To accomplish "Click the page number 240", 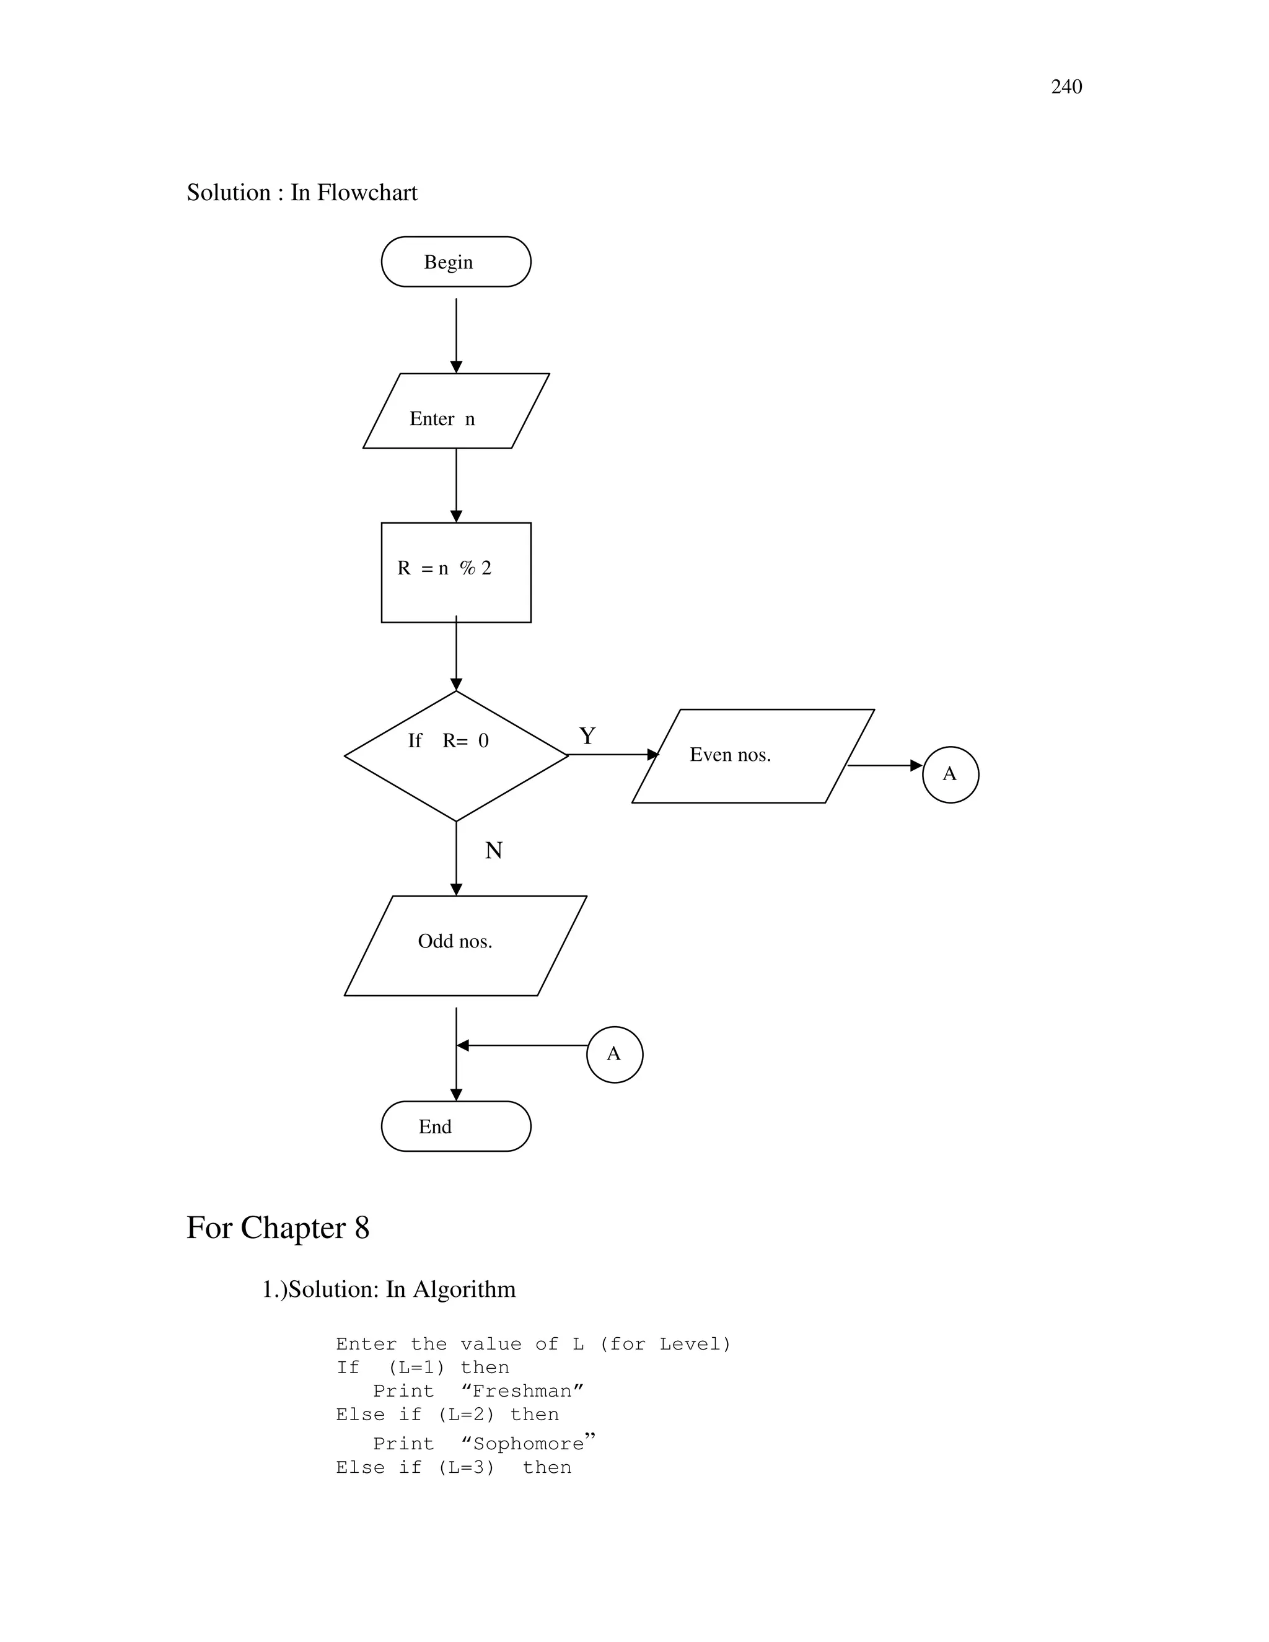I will [1066, 87].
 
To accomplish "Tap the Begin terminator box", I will [455, 261].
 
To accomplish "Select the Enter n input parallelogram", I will [455, 411].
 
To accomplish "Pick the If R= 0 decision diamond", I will [455, 755].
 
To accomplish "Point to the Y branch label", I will [587, 735].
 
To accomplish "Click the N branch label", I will [493, 850].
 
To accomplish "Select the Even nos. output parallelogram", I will [752, 755].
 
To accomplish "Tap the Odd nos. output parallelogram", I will [465, 945].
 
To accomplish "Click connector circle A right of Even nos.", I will [951, 775].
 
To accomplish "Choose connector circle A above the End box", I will [614, 1054].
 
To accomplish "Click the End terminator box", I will [455, 1126].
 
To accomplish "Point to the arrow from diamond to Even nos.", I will [613, 754].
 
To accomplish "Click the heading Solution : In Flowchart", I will [302, 193].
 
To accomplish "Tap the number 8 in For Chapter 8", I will [362, 1227].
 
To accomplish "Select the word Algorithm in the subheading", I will [464, 1289].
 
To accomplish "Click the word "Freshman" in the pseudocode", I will [522, 1391].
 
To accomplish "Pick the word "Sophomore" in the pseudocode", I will [529, 1444].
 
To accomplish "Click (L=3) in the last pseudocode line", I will [466, 1467].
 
